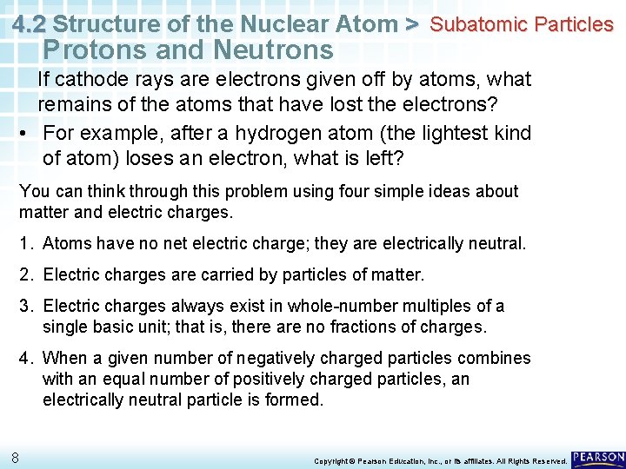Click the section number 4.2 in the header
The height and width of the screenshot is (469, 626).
[x=30, y=23]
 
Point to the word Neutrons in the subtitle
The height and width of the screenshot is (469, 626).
[x=277, y=50]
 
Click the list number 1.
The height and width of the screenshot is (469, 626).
[x=26, y=244]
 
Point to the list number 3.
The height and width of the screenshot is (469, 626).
[x=26, y=306]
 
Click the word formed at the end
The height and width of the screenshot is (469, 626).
[x=294, y=400]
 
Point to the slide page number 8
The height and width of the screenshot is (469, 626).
[x=16, y=458]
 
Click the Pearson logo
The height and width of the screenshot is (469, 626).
[x=598, y=457]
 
